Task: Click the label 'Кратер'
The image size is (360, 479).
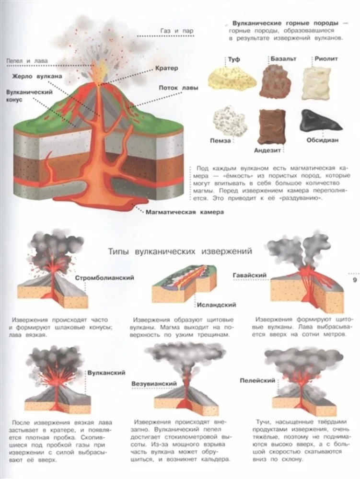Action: pyautogui.click(x=166, y=68)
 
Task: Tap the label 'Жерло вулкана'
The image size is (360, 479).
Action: pyautogui.click(x=37, y=76)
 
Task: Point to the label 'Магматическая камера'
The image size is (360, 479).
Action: pyautogui.click(x=185, y=212)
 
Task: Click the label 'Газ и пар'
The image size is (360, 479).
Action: pyautogui.click(x=176, y=31)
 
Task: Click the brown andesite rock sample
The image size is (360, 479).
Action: pyautogui.click(x=273, y=126)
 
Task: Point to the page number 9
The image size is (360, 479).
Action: pyautogui.click(x=355, y=280)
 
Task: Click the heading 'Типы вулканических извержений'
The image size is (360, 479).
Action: pyautogui.click(x=180, y=251)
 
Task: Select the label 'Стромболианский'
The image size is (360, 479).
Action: pyautogui.click(x=105, y=278)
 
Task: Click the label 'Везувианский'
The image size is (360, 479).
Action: pyautogui.click(x=154, y=383)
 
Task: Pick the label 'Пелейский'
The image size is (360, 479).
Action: pyautogui.click(x=257, y=381)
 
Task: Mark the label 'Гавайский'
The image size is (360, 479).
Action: pyautogui.click(x=250, y=275)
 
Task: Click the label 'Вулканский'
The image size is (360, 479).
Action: pyautogui.click(x=106, y=373)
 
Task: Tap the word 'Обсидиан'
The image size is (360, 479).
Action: pyautogui.click(x=323, y=140)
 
